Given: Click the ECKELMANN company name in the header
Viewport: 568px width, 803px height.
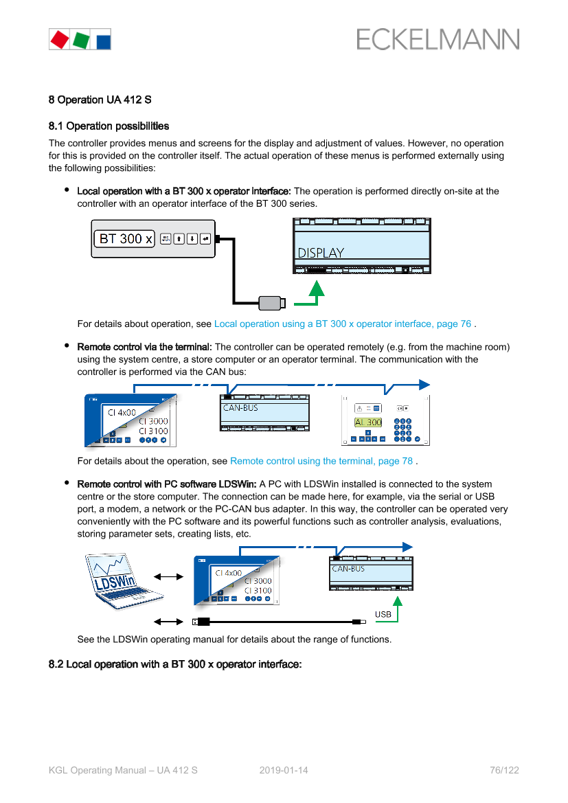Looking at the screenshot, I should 438,39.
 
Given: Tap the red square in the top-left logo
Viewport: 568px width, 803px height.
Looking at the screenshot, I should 59,39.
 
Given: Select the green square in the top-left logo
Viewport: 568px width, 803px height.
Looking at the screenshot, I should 80,39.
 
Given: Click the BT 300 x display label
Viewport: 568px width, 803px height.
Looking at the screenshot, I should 126,239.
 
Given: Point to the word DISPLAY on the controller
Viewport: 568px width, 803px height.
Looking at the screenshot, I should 321,253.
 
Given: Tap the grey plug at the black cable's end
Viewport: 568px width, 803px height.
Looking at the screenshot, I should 271,302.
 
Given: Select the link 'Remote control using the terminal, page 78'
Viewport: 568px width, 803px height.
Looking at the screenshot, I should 321,461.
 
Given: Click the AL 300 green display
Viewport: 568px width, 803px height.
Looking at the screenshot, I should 368,422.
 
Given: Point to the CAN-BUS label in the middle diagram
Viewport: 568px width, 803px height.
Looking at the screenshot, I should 240,407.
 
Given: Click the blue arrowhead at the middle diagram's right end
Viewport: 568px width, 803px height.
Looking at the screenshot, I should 424,385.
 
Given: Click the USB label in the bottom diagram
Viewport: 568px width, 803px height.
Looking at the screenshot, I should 383,614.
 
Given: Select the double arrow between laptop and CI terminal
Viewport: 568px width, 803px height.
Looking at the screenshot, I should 169,577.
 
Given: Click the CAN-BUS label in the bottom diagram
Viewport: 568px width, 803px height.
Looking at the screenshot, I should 348,569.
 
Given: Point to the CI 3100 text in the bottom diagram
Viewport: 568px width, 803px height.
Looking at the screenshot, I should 258,590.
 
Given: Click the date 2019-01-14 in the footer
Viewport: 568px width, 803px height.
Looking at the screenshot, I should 284,770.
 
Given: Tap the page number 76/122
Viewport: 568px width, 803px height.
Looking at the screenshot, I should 504,770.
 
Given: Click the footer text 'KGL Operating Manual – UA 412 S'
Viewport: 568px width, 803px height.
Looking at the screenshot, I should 123,770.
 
